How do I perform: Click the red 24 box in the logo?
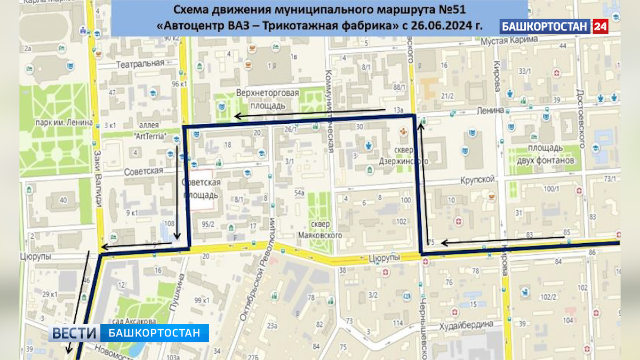[600, 26]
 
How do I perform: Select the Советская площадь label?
[201, 189]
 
